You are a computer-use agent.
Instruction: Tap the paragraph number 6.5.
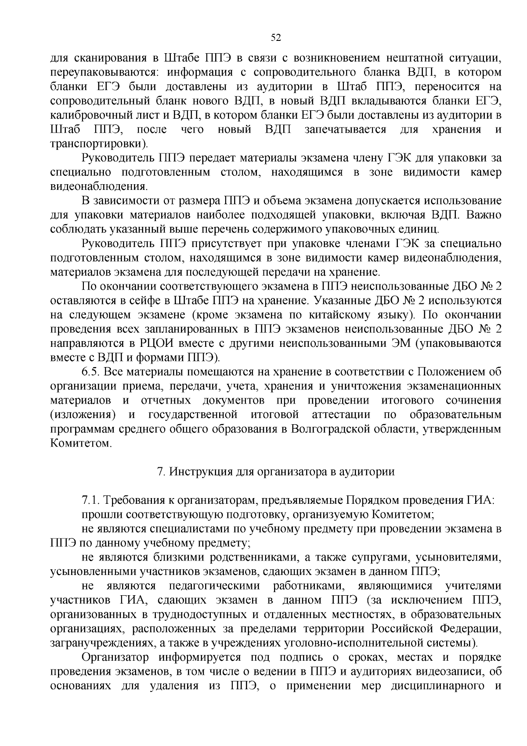[x=91, y=372]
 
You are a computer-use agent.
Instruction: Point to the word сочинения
[x=473, y=400]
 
